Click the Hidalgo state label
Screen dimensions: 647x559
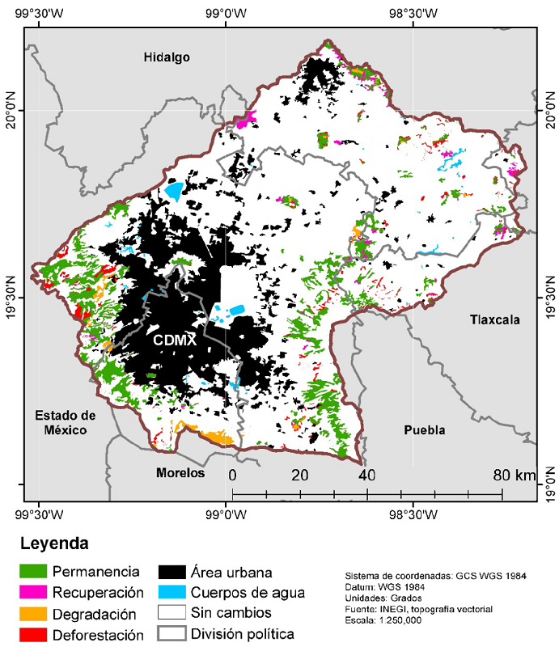coord(167,57)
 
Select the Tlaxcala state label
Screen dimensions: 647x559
coord(495,320)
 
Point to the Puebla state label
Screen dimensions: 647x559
coord(425,430)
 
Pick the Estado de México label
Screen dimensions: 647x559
coord(66,423)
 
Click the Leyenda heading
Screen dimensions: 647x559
coord(54,543)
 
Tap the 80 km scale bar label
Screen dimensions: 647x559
coord(514,475)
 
